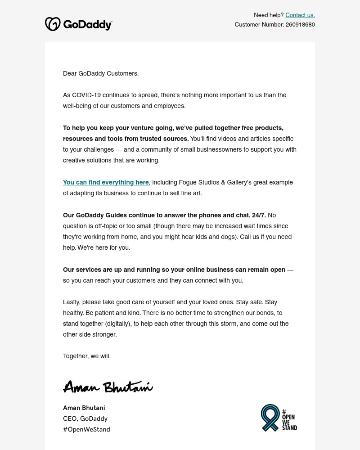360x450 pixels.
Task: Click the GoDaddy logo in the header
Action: pos(78,24)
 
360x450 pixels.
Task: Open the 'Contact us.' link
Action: pos(300,15)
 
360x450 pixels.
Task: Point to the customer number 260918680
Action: pos(300,25)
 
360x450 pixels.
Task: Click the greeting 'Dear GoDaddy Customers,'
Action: pos(101,73)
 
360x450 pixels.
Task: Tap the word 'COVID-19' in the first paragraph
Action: pos(86,95)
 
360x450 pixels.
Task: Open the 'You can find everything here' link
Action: pos(106,182)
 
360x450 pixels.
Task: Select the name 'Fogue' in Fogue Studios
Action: pos(188,182)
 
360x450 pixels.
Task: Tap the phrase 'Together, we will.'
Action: pos(87,356)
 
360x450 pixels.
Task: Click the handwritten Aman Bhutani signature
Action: pos(108,387)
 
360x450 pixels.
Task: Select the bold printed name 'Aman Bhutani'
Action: pos(84,408)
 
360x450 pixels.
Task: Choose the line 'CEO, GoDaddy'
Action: pos(85,418)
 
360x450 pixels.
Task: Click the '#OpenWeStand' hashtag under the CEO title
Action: pos(86,429)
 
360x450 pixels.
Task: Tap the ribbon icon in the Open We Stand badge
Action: pos(270,418)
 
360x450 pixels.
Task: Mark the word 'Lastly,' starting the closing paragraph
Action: pos(72,302)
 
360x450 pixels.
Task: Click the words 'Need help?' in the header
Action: pos(268,15)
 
